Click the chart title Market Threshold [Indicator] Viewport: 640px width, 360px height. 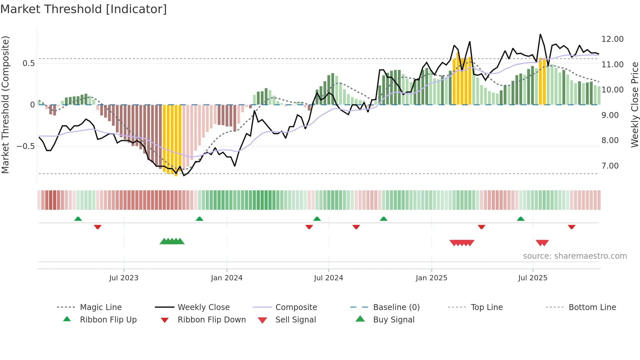(x=84, y=9)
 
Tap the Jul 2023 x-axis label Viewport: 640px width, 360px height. (x=124, y=278)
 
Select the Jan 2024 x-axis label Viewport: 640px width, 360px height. (x=227, y=278)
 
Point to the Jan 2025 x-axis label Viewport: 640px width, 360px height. (x=431, y=278)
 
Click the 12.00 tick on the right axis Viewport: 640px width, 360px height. (x=612, y=39)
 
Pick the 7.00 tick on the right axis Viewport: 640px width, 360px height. (x=610, y=166)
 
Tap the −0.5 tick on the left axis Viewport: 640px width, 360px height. (x=26, y=146)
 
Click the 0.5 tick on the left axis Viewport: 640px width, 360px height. (x=28, y=63)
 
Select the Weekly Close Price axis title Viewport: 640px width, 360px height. (x=634, y=105)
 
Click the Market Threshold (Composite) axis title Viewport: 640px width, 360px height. (x=5, y=105)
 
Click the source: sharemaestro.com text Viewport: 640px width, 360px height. (x=575, y=256)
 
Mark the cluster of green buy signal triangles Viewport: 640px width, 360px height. (x=172, y=241)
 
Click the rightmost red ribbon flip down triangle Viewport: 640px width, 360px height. (x=571, y=227)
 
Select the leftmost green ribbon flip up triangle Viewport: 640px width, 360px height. (x=78, y=219)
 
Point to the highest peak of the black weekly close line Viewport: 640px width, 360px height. (x=540, y=35)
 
